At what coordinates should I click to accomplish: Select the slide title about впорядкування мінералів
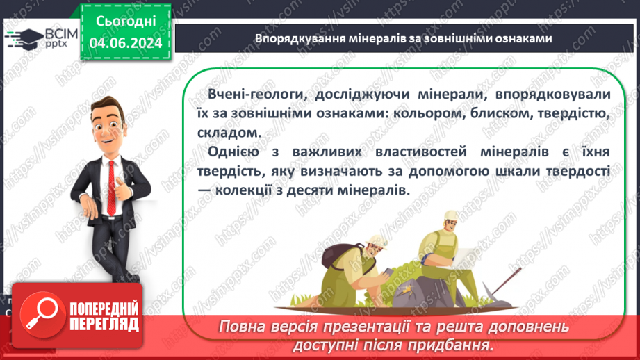[x=403, y=39]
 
